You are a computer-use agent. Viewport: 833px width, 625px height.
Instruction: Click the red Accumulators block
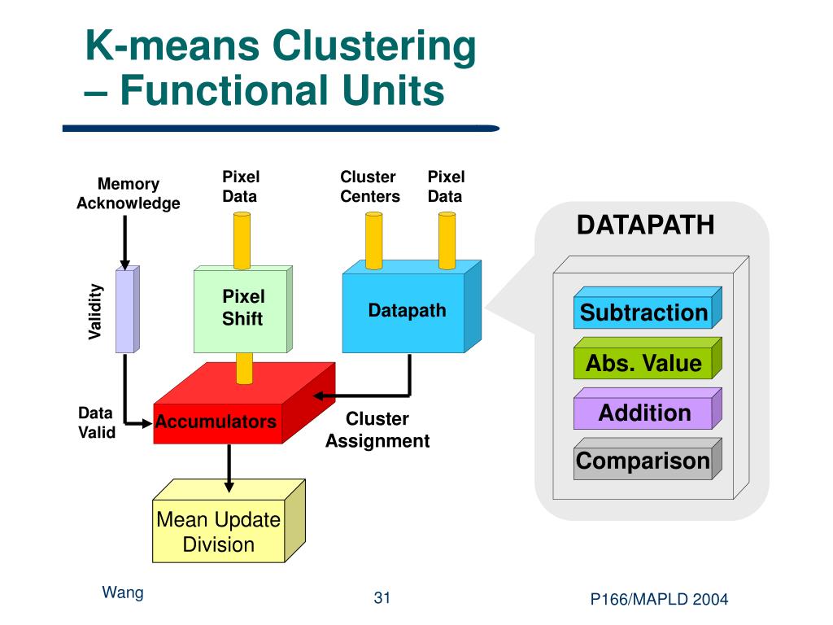coord(244,404)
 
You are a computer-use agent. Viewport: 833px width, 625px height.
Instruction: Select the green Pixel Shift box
coord(243,308)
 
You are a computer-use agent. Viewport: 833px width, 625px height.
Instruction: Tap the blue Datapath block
coord(412,307)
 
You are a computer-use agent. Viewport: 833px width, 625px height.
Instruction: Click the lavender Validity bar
coord(128,308)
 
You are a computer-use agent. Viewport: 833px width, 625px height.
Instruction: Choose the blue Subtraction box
coord(648,308)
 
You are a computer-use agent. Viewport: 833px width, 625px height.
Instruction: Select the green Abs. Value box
coord(648,358)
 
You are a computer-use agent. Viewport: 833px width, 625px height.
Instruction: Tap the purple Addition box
coord(648,409)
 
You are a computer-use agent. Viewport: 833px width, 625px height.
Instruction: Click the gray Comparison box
coord(648,459)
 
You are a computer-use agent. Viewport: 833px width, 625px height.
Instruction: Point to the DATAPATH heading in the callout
coord(645,225)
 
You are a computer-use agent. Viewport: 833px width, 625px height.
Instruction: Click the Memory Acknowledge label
coord(129,194)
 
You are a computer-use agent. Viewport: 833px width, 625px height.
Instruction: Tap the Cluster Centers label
coord(370,186)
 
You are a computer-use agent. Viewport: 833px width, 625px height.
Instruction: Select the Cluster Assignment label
coord(377,430)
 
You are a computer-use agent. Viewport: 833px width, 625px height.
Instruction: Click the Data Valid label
coord(97,422)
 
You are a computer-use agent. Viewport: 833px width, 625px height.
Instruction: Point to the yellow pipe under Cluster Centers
coord(374,241)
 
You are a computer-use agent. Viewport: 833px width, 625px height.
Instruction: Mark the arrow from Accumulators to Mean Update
coord(229,468)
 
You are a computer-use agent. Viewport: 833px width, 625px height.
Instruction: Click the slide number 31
coord(382,598)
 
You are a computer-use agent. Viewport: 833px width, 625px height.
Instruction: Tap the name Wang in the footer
coord(123,593)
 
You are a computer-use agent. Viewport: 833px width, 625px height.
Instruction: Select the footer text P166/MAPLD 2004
coord(659,600)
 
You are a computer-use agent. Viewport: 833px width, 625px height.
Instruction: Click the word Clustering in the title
coord(374,47)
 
